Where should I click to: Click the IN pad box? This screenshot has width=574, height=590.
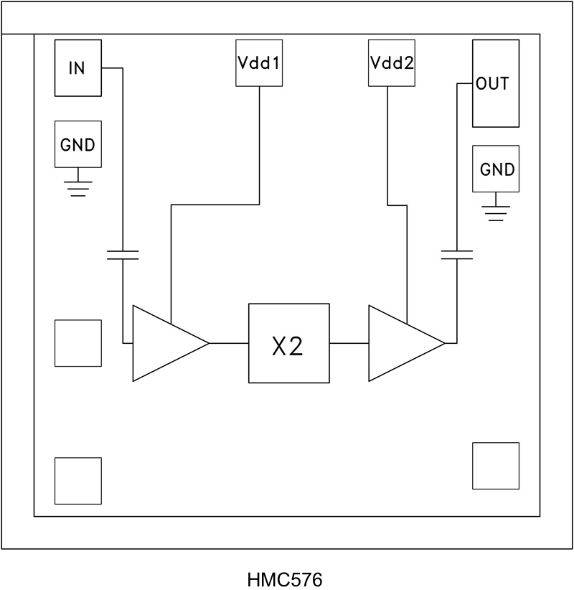click(x=77, y=67)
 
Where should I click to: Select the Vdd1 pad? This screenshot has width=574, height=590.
click(x=258, y=62)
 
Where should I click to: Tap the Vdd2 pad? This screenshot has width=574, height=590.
click(x=391, y=62)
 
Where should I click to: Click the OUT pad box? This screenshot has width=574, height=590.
click(x=495, y=84)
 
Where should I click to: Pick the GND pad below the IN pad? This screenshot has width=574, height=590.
click(x=78, y=144)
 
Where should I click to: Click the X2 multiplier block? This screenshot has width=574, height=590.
click(x=288, y=344)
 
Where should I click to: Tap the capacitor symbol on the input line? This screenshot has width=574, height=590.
click(x=123, y=253)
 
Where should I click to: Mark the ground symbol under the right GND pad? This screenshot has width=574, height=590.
click(x=496, y=212)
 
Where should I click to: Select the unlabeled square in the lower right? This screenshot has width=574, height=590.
click(x=495, y=466)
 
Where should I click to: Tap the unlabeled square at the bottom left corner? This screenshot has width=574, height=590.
click(x=78, y=480)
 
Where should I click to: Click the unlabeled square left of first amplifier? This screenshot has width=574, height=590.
click(x=78, y=343)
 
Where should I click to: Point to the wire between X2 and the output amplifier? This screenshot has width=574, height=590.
click(x=349, y=343)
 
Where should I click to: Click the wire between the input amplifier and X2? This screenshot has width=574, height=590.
click(x=228, y=343)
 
